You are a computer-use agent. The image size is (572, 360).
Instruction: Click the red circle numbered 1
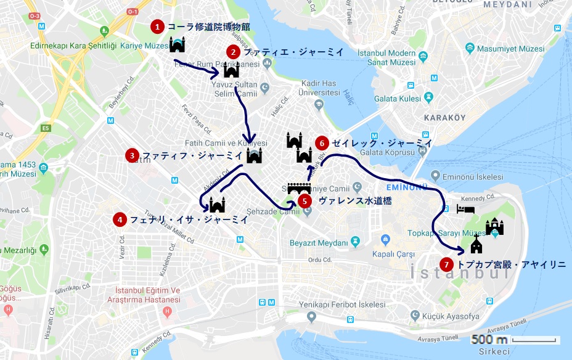(x=158, y=27)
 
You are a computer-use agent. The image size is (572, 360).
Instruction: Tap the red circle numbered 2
(x=233, y=52)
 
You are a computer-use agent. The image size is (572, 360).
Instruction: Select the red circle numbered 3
(x=132, y=155)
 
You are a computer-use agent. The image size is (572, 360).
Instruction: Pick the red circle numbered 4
(x=120, y=219)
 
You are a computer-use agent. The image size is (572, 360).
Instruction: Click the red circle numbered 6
(x=321, y=143)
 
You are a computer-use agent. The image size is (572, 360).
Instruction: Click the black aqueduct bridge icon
(x=299, y=187)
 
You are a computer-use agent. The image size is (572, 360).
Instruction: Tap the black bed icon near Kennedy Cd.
(x=465, y=209)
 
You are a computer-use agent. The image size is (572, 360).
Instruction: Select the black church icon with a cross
(x=476, y=246)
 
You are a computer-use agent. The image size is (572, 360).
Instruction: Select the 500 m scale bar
(x=515, y=340)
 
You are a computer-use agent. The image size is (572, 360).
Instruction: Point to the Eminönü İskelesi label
(x=477, y=177)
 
